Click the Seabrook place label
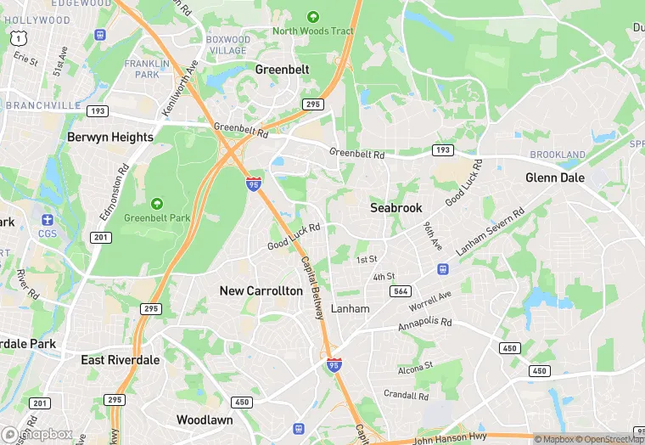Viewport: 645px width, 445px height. click(396, 207)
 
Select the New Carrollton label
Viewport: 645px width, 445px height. click(261, 290)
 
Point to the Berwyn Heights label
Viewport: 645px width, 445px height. click(110, 137)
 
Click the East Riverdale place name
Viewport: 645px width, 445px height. click(121, 360)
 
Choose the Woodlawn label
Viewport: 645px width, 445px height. click(205, 420)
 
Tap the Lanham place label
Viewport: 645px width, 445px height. click(351, 308)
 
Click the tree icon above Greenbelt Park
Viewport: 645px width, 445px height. click(156, 204)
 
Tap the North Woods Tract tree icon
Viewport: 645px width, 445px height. click(312, 16)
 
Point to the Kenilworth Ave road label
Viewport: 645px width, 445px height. click(179, 88)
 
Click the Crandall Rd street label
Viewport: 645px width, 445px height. click(405, 395)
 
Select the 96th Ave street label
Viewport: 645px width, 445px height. click(433, 236)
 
